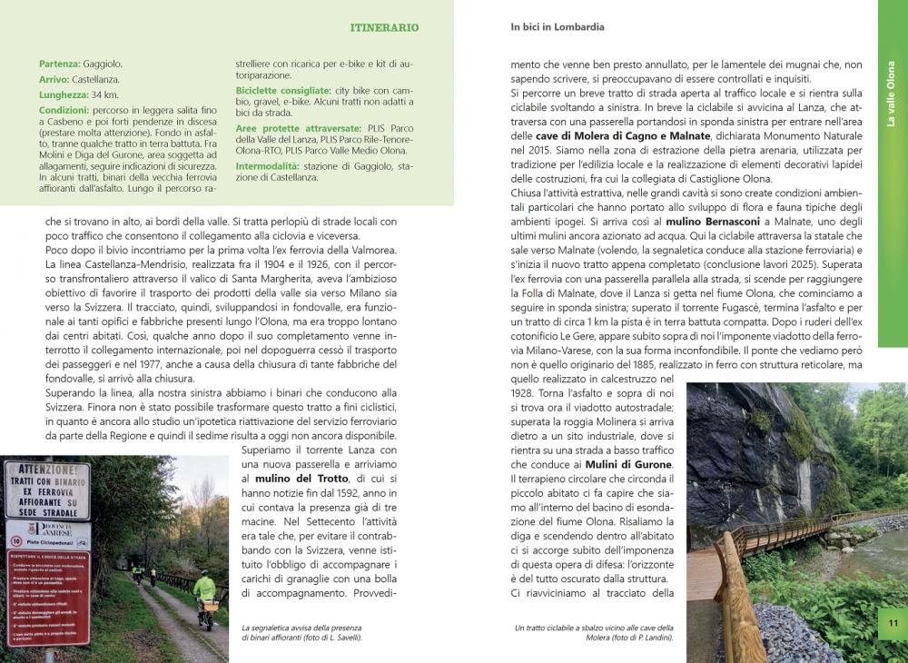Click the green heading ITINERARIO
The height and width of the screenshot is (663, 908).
coord(384,28)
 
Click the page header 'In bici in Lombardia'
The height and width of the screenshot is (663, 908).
coord(558,27)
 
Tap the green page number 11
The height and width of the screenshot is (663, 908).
coord(893,623)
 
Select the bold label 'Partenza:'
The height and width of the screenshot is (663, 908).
coord(60,64)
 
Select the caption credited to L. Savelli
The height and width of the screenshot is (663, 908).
coord(301,633)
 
